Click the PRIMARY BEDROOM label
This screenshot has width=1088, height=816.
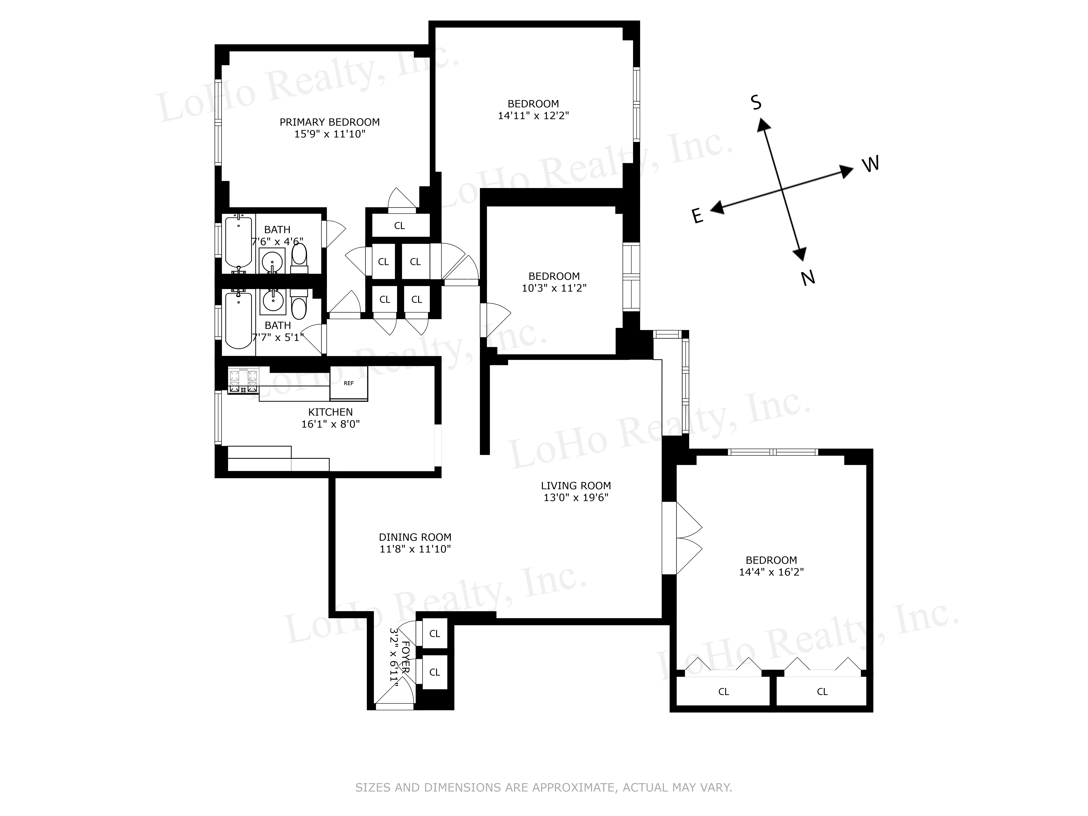pyautogui.click(x=329, y=122)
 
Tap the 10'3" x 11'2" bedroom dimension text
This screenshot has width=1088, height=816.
pyautogui.click(x=554, y=288)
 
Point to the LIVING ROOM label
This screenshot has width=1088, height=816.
pyautogui.click(x=576, y=485)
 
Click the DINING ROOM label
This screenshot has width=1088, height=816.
pyautogui.click(x=415, y=537)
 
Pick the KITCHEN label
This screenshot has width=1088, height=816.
pyautogui.click(x=330, y=412)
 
